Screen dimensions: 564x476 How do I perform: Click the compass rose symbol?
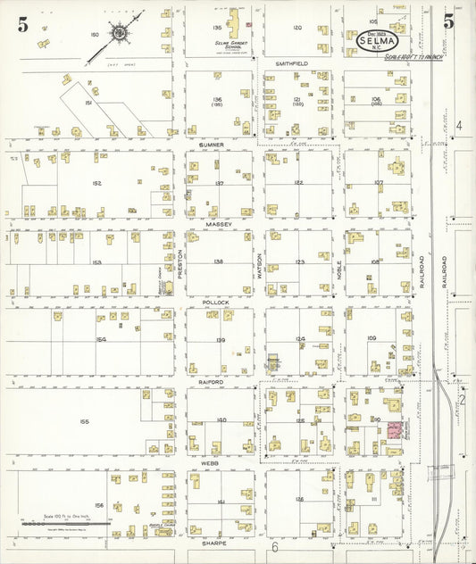point(120,34)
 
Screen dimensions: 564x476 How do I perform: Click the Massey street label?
point(219,223)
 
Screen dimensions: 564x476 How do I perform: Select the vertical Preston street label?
point(180,265)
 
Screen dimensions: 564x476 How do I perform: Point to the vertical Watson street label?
point(259,265)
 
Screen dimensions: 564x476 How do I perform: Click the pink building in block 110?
point(391,432)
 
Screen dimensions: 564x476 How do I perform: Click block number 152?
point(96,182)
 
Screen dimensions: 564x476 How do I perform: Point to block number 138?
point(218,261)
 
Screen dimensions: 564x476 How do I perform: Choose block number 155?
point(85,421)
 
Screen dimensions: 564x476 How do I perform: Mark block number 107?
point(378,182)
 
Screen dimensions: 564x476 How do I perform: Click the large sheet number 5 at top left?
point(22,24)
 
